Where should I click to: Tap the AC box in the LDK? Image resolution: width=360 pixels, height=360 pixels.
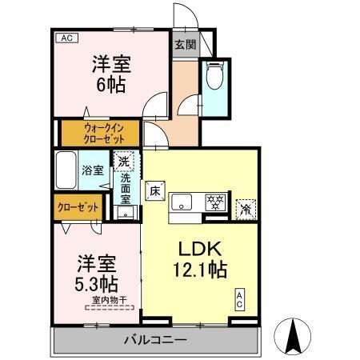(239, 301)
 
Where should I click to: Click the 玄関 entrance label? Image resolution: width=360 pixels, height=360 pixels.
(183, 45)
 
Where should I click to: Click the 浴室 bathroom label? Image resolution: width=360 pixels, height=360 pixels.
(92, 170)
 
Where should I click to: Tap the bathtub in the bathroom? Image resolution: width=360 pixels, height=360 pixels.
(67, 170)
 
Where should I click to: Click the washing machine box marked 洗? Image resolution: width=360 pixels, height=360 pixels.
(124, 161)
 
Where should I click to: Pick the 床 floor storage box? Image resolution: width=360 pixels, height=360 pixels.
(155, 192)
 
